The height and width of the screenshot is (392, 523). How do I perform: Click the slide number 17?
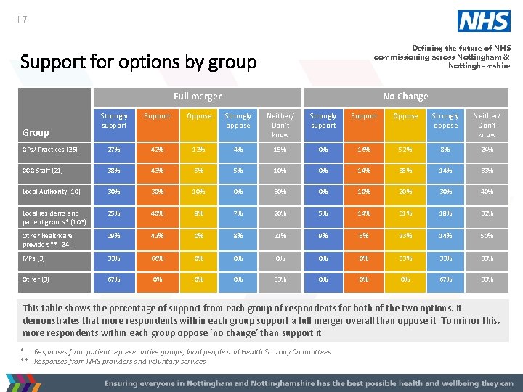tap(21, 20)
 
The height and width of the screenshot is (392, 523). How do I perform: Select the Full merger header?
tap(198, 97)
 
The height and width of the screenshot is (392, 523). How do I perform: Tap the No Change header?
tap(405, 97)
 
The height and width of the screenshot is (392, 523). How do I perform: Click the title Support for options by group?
tap(139, 62)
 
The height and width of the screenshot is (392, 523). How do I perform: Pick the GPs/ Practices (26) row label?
tap(50, 150)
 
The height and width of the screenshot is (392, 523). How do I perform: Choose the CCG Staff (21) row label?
tap(44, 171)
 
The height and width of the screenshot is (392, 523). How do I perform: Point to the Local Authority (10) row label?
tap(47, 192)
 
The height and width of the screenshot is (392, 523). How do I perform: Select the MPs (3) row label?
tap(34, 258)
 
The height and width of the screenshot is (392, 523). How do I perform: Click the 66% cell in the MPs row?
tap(157, 258)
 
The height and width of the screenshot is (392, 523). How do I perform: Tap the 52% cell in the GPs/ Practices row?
tap(405, 150)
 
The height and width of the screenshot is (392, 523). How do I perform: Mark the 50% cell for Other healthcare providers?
tap(487, 236)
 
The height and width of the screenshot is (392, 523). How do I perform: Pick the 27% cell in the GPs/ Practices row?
tap(114, 150)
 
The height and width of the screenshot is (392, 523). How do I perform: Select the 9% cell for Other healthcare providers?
tap(323, 236)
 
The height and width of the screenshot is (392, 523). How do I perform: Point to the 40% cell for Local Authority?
tap(487, 192)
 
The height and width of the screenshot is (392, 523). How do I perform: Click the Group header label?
tap(36, 132)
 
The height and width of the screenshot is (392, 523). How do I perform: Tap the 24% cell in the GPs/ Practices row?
tap(487, 150)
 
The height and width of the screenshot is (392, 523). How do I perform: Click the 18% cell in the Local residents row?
tap(445, 213)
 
